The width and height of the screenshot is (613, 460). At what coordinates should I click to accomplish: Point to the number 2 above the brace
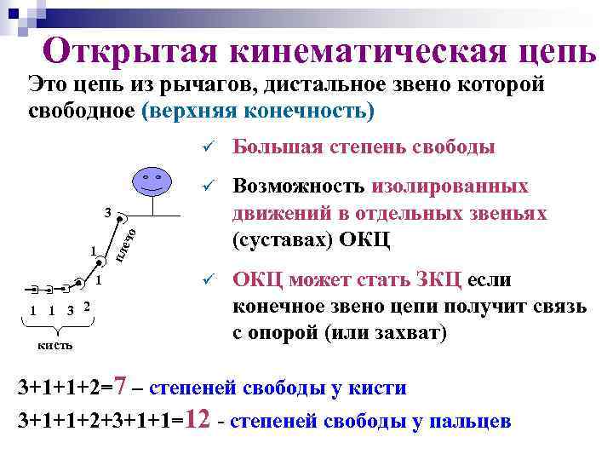[88, 307]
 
